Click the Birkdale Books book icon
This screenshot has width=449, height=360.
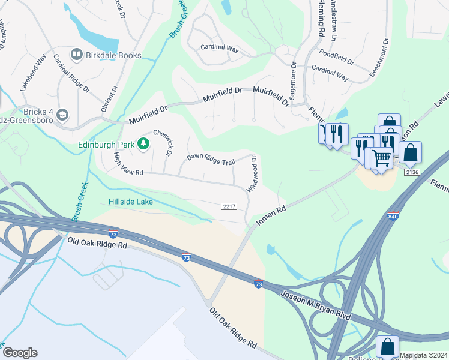tap(77, 55)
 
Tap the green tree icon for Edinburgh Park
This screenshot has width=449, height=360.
tap(143, 143)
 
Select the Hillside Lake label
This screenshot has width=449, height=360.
tap(130, 202)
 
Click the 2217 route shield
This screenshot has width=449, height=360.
tap(229, 206)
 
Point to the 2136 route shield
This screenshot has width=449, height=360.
tap(411, 173)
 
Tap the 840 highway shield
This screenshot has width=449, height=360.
tap(393, 216)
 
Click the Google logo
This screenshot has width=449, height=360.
tap(19, 353)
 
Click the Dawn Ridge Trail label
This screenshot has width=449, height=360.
tap(210, 159)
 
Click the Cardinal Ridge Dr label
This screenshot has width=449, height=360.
tap(71, 74)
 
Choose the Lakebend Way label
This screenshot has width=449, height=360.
tap(34, 73)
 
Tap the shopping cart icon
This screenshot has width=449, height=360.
tap(381, 158)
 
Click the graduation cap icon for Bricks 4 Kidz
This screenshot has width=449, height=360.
tap(63, 115)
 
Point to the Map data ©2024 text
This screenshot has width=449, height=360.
tap(424, 355)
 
